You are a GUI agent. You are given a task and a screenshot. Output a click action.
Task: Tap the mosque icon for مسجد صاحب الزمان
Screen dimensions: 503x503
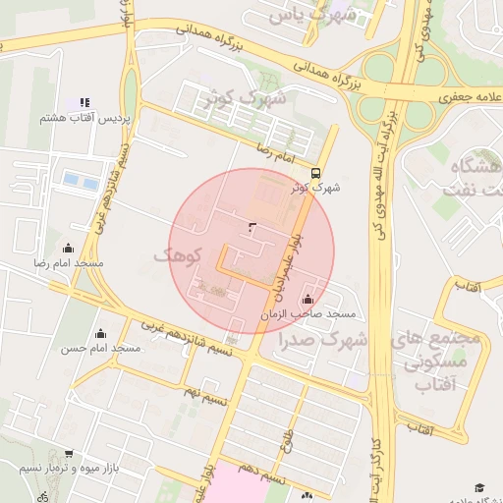309,299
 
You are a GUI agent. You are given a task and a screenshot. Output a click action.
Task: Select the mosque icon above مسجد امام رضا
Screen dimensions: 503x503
68,248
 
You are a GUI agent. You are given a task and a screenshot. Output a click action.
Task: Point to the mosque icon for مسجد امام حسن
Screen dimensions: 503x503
99,333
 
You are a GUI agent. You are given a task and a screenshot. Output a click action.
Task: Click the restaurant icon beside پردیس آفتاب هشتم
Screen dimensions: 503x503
84,102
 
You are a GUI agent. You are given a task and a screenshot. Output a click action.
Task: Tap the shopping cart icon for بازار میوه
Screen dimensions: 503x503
68,453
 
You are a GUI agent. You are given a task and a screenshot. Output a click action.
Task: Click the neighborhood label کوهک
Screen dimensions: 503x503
178,255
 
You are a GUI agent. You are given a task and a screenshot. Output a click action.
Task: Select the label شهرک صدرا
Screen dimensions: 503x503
322,341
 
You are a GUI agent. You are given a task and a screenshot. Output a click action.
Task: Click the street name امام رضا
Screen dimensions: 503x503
276,151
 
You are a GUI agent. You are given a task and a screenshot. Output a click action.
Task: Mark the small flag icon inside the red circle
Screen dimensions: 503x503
252,228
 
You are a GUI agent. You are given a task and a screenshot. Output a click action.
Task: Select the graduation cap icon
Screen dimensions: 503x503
479,487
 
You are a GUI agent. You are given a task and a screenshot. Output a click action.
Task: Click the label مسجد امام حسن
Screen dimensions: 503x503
101,349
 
